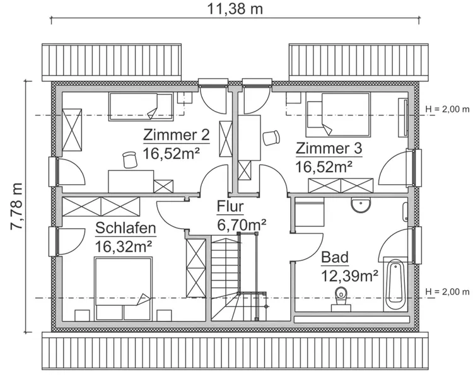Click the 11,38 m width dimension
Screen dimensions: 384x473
235,9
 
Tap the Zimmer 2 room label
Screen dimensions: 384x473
176,136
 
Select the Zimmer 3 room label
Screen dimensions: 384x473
329,149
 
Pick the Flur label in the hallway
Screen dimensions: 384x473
230,206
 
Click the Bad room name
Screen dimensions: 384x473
334,257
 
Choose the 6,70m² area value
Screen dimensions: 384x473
240,223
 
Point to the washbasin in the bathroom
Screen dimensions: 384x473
362,204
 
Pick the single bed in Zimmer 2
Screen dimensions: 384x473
141,105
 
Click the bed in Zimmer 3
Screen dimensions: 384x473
337,114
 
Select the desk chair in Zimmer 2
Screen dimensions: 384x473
130,158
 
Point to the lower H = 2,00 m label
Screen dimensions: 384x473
447,291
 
